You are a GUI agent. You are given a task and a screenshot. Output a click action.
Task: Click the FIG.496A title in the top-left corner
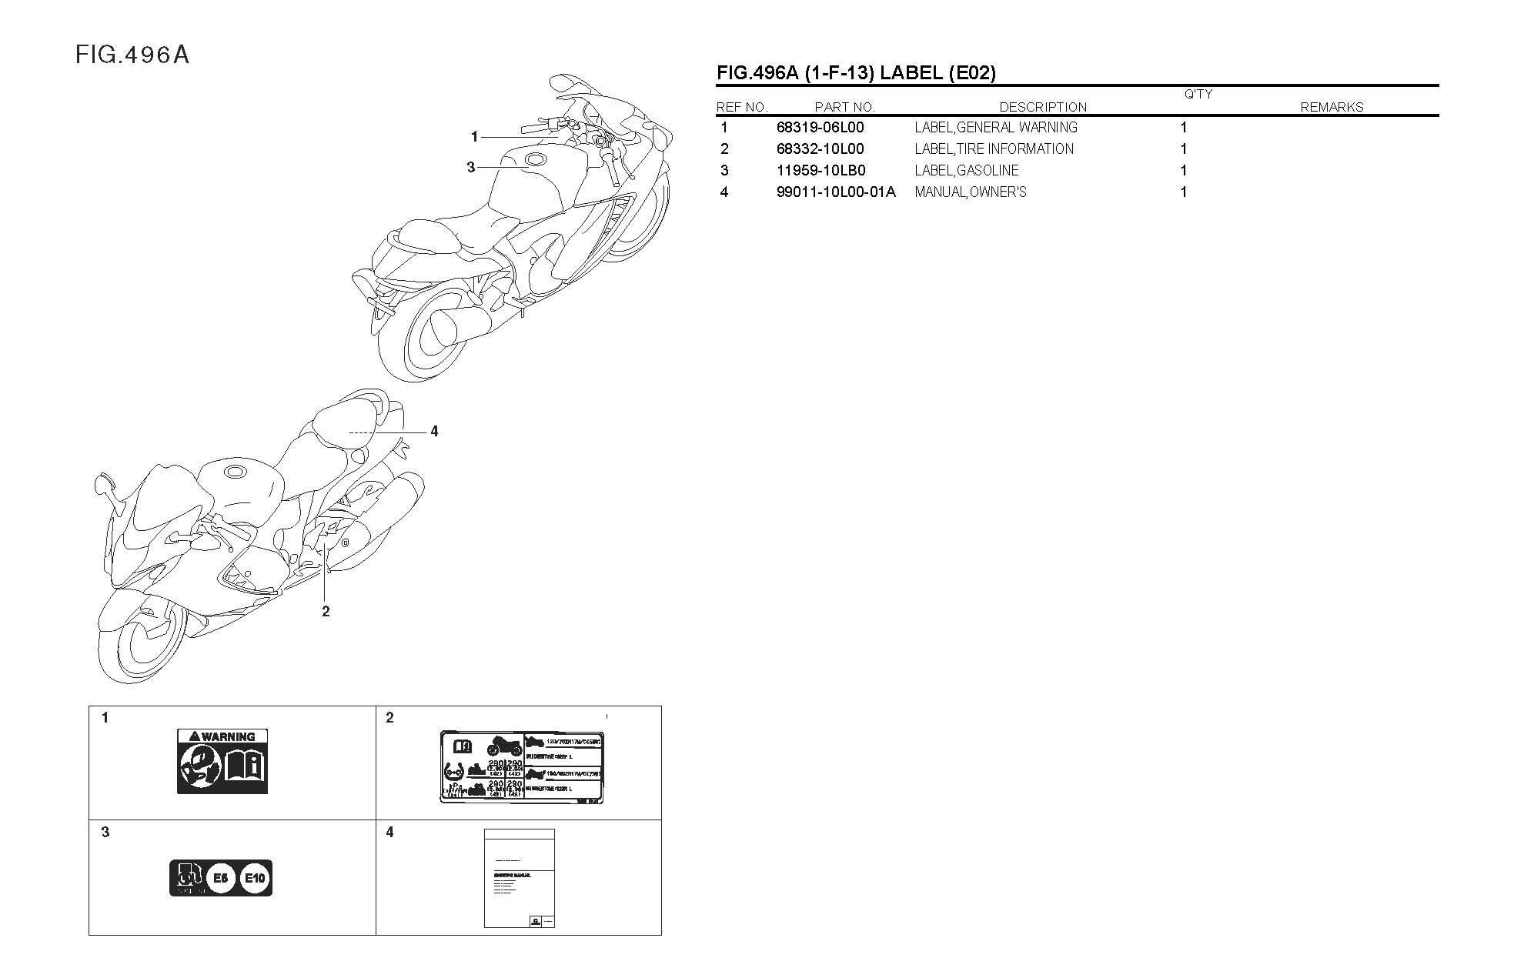click(132, 55)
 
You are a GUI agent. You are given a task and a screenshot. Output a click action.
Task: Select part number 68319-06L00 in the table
click(820, 128)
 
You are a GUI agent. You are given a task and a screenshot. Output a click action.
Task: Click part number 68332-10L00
click(820, 149)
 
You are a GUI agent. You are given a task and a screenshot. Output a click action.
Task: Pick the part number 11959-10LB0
click(820, 171)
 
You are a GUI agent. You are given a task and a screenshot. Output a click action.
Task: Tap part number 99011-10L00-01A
click(836, 192)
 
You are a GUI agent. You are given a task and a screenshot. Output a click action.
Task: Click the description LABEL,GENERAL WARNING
click(995, 128)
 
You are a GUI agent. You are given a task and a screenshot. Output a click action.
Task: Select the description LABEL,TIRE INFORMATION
click(994, 149)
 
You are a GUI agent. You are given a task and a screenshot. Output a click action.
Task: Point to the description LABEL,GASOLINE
click(966, 171)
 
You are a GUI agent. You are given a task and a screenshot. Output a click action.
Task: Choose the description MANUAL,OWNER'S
click(970, 192)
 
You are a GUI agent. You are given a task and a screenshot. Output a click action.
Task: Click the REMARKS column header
click(1332, 108)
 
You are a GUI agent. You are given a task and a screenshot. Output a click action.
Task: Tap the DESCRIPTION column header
click(1043, 108)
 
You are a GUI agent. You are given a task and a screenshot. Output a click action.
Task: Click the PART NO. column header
click(844, 108)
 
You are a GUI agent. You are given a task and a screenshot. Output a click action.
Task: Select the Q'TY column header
click(1198, 95)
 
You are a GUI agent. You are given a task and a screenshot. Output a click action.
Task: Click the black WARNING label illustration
click(222, 761)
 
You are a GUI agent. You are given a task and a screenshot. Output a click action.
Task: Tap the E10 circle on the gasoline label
click(255, 878)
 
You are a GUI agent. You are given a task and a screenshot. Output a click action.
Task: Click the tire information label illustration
click(521, 767)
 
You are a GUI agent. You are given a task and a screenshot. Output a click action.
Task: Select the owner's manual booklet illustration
click(519, 878)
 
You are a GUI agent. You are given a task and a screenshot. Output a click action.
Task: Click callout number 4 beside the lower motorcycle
click(434, 432)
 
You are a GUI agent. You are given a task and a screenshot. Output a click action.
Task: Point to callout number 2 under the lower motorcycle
click(326, 611)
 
